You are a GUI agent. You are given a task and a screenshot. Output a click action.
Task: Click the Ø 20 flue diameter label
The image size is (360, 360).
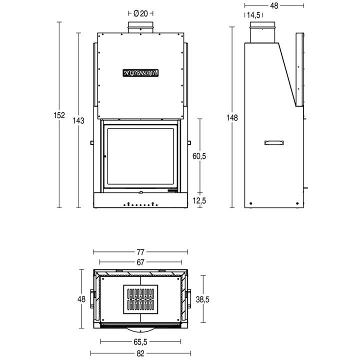pyautogui.click(x=140, y=13)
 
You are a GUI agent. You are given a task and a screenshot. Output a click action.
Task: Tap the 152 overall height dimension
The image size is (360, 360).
pyautogui.click(x=59, y=115)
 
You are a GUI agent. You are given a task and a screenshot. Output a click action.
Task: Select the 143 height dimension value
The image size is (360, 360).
pyautogui.click(x=78, y=120)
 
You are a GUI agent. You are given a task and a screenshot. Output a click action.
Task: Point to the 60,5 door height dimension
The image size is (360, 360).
pyautogui.click(x=199, y=156)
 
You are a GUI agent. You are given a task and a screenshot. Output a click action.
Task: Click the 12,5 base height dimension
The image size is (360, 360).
pyautogui.click(x=199, y=200)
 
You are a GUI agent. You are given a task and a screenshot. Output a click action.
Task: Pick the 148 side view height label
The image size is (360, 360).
pyautogui.click(x=232, y=118)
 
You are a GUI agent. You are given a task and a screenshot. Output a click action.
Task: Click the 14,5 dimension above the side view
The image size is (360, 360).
pyautogui.click(x=253, y=15)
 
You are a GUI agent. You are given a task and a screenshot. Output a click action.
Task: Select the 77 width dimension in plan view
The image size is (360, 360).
pyautogui.click(x=140, y=252)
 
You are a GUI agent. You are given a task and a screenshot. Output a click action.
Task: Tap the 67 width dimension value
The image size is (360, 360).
pyautogui.click(x=140, y=262)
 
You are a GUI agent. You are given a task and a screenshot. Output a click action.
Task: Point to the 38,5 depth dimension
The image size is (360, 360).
pyautogui.click(x=202, y=299)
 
